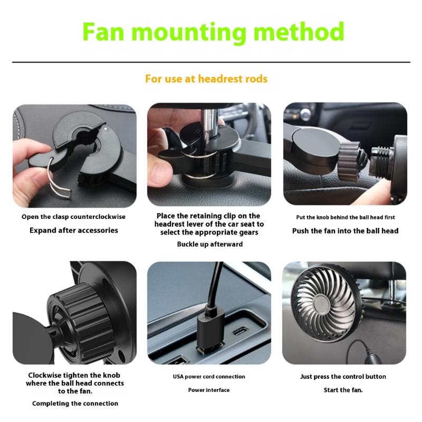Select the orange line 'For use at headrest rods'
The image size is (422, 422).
pyautogui.click(x=206, y=79)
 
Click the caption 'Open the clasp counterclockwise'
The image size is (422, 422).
pyautogui.click(x=73, y=217)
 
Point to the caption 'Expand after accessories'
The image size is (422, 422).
pyautogui.click(x=73, y=231)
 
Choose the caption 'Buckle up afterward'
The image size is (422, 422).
pyautogui.click(x=209, y=244)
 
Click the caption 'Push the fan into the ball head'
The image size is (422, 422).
pyautogui.click(x=345, y=231)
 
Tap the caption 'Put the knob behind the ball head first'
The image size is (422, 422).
pyautogui.click(x=345, y=217)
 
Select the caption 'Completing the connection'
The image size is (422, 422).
pyautogui.click(x=75, y=404)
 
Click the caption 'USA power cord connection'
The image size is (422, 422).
pyautogui.click(x=209, y=377)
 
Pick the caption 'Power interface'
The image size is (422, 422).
pyautogui.click(x=209, y=390)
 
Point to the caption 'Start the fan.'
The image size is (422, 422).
pyautogui.click(x=343, y=390)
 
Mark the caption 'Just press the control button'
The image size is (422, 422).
pyautogui.click(x=343, y=377)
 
